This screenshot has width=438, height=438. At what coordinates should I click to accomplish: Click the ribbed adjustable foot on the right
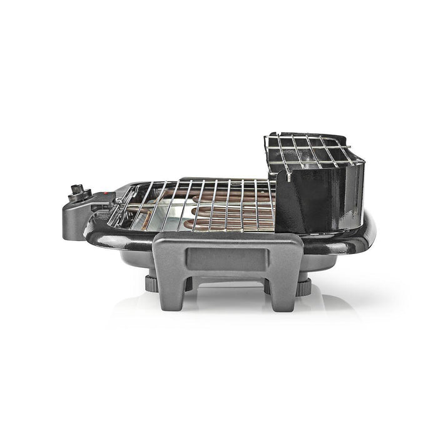302,287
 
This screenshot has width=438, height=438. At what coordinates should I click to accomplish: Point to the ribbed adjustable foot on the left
151,283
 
